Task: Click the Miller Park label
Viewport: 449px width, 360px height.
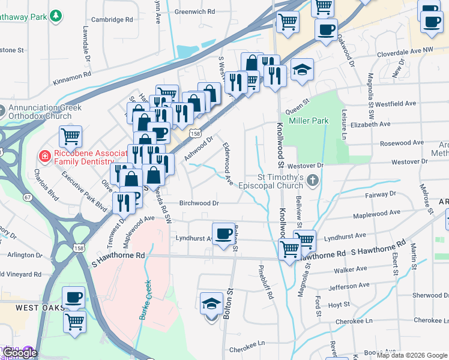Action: tap(309, 121)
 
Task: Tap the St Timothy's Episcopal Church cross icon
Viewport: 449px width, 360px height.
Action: tap(312, 180)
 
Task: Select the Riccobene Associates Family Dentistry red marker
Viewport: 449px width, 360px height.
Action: tap(44, 157)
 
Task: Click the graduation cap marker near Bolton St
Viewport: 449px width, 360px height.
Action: tap(211, 304)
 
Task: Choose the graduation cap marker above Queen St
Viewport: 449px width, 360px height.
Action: tap(302, 70)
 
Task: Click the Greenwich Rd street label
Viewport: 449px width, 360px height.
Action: tap(194, 11)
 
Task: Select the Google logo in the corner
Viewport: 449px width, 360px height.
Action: tap(20, 353)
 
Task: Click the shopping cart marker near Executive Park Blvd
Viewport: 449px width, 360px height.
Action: tap(71, 136)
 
